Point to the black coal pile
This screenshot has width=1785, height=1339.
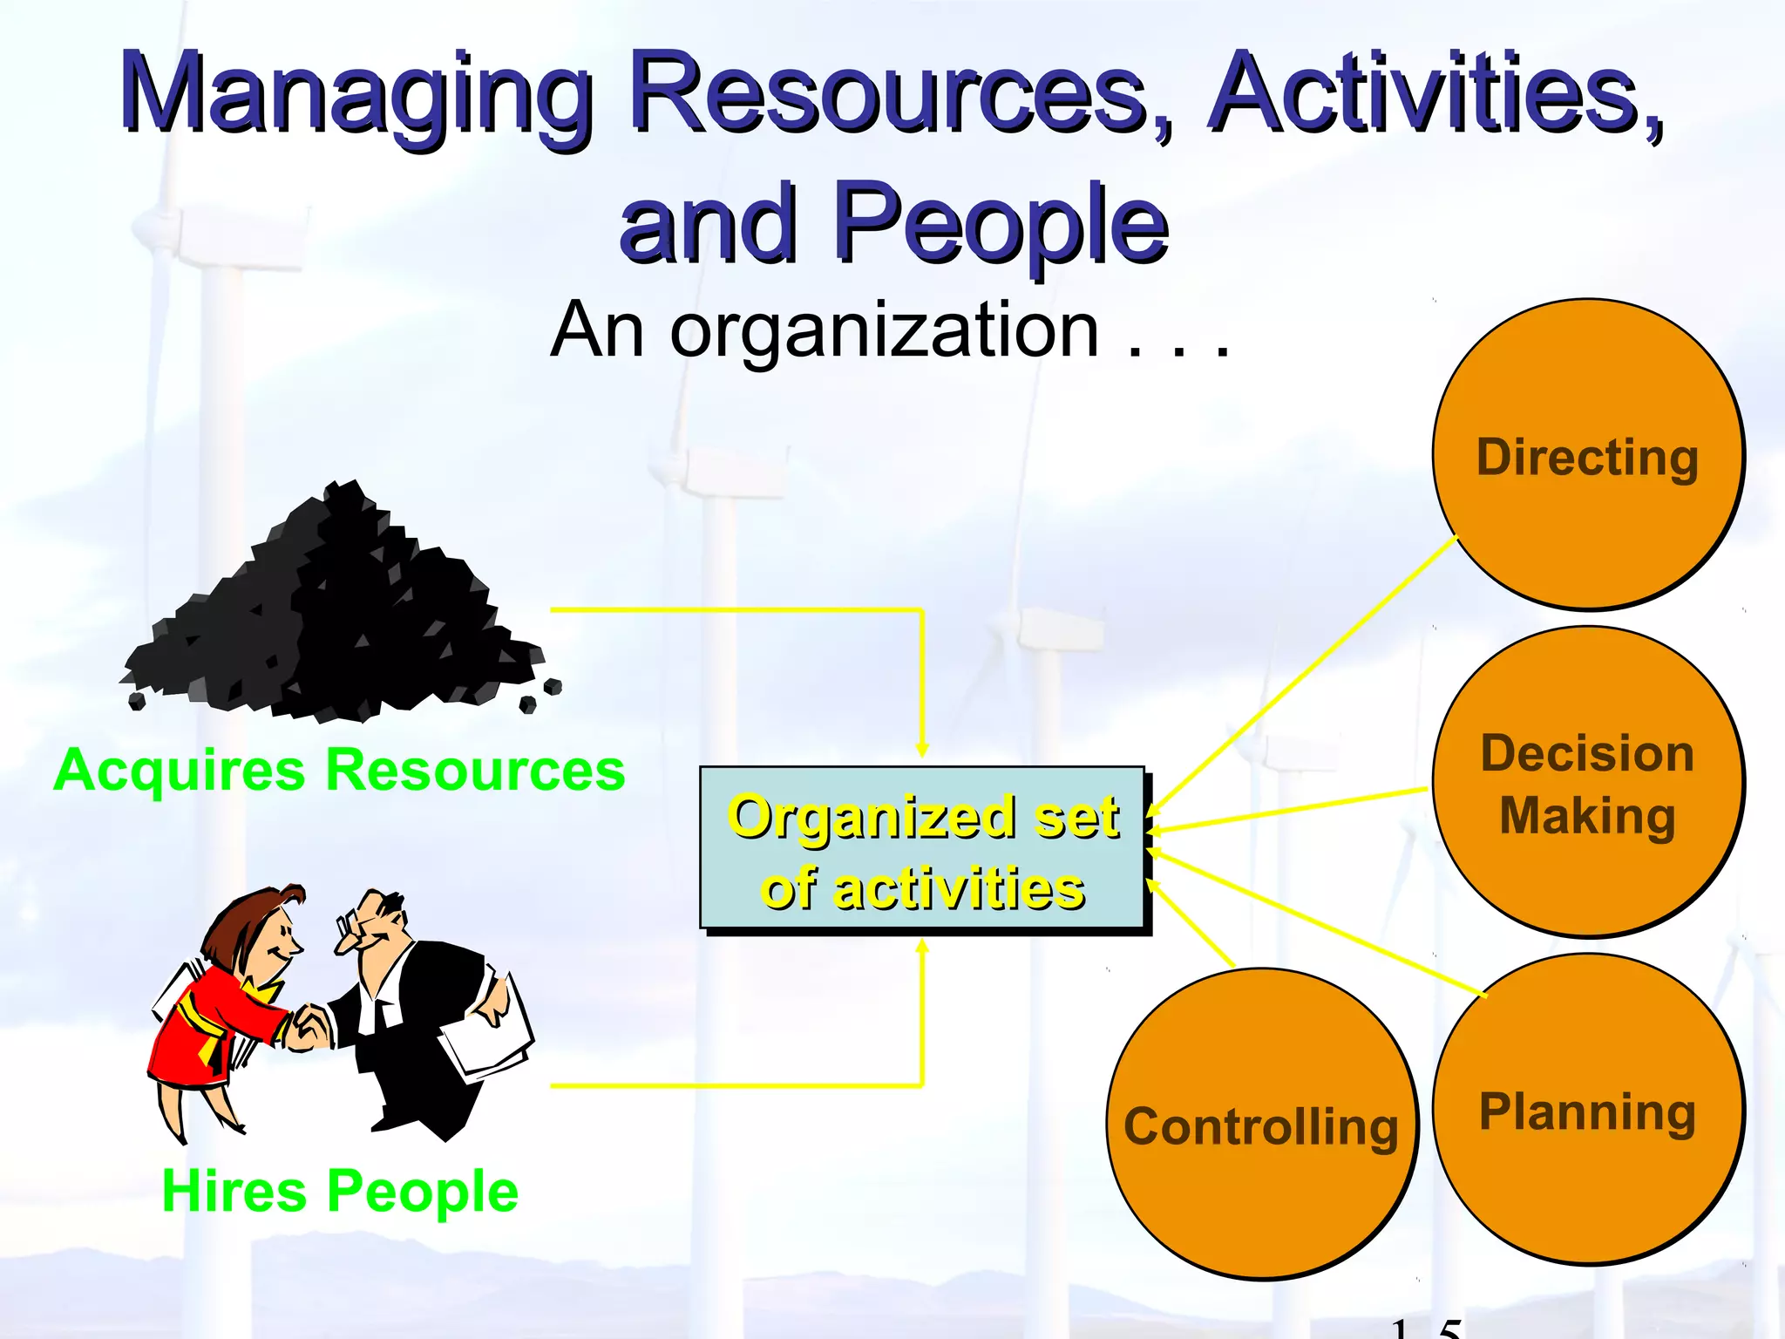pyautogui.click(x=340, y=619)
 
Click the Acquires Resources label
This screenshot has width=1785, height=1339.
pyautogui.click(x=340, y=771)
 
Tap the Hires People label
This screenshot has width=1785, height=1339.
pyautogui.click(x=340, y=1191)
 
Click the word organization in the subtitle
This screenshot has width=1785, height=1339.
pyautogui.click(x=884, y=331)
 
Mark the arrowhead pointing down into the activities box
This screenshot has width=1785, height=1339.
pyautogui.click(x=922, y=750)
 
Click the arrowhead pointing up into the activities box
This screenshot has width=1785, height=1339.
pyautogui.click(x=922, y=947)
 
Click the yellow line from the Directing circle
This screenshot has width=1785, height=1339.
pyautogui.click(x=1307, y=671)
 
